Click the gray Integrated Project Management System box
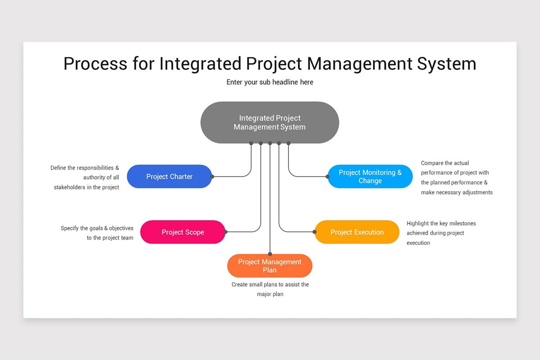(270, 122)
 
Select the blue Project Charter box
(169, 176)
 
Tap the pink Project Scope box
(183, 232)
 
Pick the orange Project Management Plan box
(270, 266)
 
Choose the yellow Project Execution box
(357, 232)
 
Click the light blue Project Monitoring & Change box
(370, 176)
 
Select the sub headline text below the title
(270, 82)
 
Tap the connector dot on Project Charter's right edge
(212, 176)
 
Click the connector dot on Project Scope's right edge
(225, 232)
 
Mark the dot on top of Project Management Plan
(270, 254)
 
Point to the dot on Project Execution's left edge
(315, 232)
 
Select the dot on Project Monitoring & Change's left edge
(328, 176)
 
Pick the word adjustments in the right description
(476, 192)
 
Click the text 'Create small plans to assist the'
(270, 284)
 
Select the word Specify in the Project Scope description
(70, 228)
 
